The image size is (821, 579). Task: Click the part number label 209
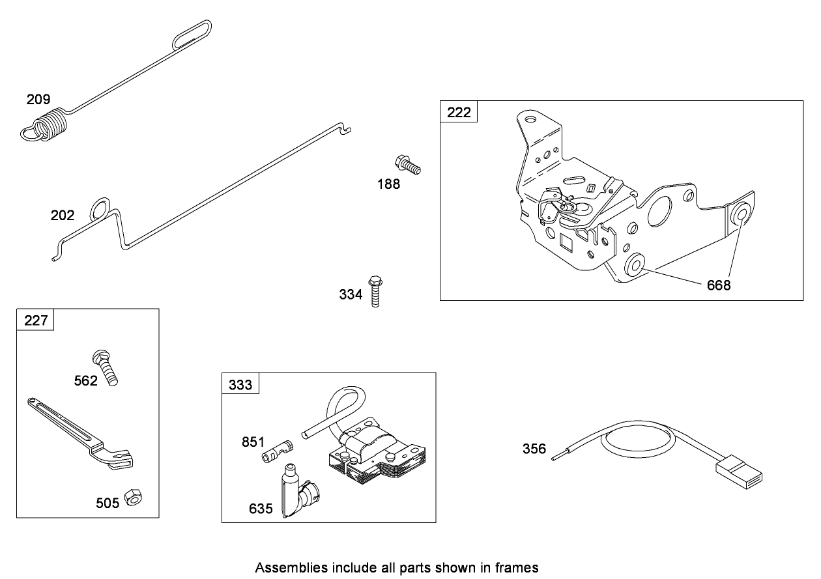[38, 100]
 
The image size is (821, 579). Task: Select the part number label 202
[63, 216]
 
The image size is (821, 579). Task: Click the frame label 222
[459, 112]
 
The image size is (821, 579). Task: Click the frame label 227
[36, 320]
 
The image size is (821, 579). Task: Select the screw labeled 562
[106, 367]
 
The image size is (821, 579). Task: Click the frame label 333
[240, 384]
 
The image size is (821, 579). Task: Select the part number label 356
[534, 449]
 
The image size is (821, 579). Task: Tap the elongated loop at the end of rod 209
[192, 33]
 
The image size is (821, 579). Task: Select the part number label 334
[351, 294]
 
